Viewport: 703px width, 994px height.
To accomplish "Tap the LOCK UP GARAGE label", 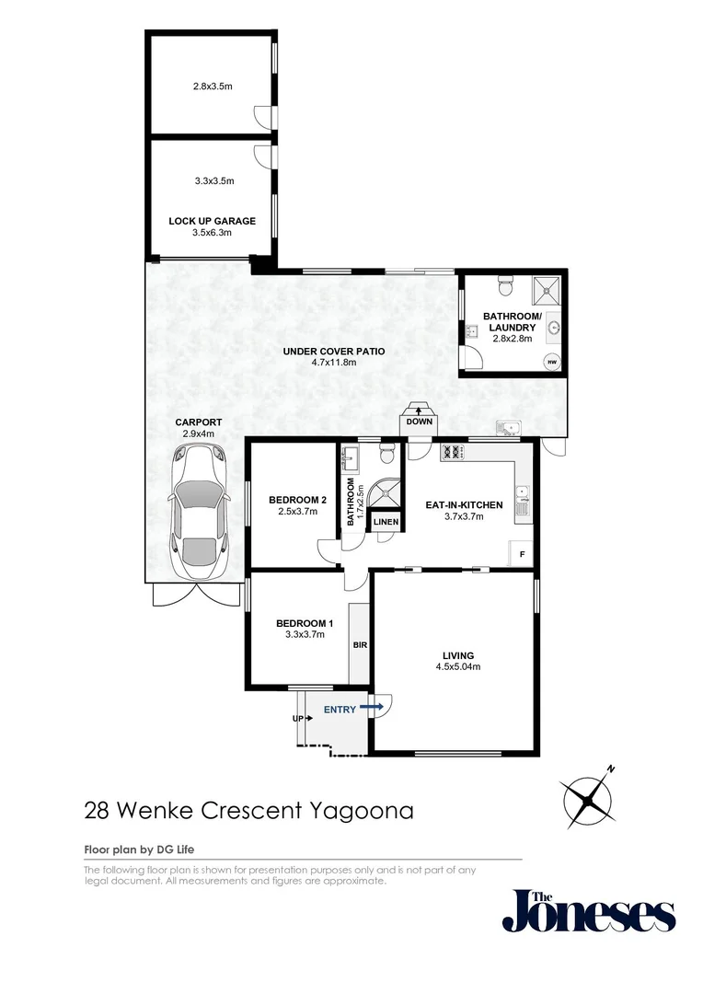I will coord(212,221).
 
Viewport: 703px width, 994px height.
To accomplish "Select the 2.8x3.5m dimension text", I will coord(212,87).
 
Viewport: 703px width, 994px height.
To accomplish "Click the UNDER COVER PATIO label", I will coord(333,351).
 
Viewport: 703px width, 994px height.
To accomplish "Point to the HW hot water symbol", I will coord(552,362).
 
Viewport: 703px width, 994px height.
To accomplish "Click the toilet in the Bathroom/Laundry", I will coord(503,286).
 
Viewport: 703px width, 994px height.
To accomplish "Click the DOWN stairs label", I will coord(419,422).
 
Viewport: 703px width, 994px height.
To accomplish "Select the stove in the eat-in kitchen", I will coord(453,452).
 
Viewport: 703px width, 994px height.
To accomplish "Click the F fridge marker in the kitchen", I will coord(522,554).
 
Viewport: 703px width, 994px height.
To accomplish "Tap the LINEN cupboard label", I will coord(386,523).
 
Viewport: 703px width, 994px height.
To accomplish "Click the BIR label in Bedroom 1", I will coord(359,645).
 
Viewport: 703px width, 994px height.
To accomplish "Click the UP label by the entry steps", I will coord(297,718).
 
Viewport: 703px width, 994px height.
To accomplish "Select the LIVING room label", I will coord(456,655).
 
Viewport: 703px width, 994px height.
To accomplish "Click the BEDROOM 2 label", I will coord(292,500).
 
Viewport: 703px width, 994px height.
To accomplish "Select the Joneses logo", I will coord(588,910).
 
